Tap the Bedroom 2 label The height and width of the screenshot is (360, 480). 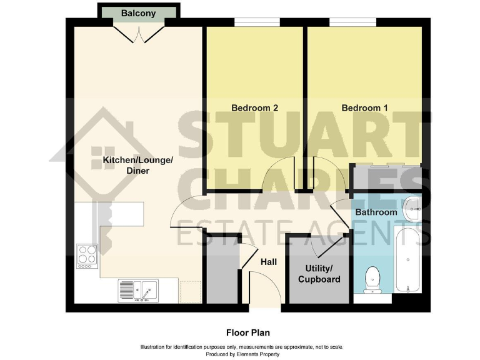(x=254, y=107)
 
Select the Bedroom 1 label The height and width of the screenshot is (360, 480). (x=364, y=107)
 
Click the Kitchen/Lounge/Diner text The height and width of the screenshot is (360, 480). (x=137, y=165)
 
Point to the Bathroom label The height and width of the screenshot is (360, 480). (x=376, y=212)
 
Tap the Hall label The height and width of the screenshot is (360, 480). (x=269, y=262)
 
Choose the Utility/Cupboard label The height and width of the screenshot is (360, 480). (x=319, y=274)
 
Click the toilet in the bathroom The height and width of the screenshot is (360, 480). (x=372, y=279)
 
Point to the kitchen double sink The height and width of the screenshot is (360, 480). (x=138, y=291)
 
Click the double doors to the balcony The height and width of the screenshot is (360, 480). (x=139, y=33)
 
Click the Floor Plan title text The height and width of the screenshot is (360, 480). (x=248, y=332)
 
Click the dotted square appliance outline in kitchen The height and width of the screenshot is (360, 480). (x=190, y=291)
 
